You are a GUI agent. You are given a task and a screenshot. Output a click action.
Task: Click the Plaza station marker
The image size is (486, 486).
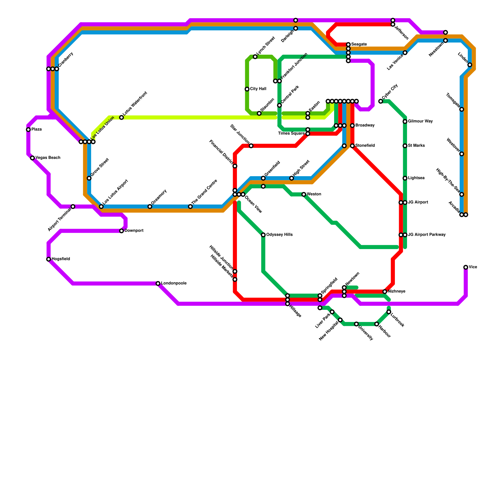[x=28, y=130]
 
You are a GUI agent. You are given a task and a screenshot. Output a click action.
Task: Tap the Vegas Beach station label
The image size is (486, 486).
[x=48, y=158]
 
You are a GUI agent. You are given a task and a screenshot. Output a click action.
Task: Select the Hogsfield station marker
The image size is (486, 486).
[x=49, y=259]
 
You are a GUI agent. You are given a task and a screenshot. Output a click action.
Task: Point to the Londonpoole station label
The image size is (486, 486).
[x=173, y=283]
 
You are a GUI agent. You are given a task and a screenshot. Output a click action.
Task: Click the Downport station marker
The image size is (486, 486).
[x=122, y=231]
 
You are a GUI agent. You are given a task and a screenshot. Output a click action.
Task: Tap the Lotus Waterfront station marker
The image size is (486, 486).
[x=122, y=118]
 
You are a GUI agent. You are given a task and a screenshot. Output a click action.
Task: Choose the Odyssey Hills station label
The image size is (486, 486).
[x=279, y=235]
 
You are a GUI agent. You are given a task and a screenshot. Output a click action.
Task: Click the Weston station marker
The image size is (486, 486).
[x=304, y=194]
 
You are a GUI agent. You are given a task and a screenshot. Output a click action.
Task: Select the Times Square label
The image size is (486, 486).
[x=291, y=134]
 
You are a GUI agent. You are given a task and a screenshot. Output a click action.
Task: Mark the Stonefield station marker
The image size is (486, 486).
[x=352, y=146]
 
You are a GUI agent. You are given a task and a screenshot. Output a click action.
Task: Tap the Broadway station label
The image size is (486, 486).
[x=365, y=125]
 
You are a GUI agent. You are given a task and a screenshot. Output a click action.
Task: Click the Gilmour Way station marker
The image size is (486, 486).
[x=405, y=122]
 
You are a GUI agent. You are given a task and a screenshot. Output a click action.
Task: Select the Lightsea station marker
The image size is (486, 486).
[x=405, y=178]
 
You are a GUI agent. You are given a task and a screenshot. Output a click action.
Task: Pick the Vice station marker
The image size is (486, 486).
[x=466, y=267]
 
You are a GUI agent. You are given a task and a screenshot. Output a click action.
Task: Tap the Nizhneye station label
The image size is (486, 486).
[x=396, y=292]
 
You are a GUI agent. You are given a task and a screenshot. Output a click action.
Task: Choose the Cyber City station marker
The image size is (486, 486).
[x=381, y=101]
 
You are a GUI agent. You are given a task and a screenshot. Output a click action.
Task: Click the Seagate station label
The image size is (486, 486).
[x=359, y=45]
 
